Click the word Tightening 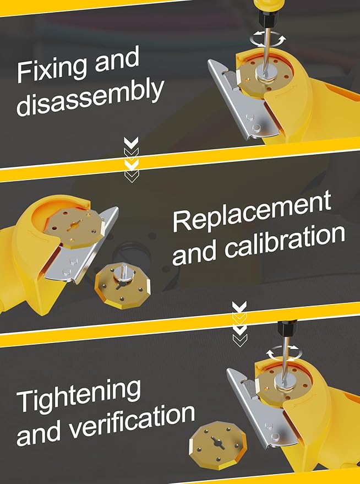pos(79,396)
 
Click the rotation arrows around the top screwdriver pos(268,40)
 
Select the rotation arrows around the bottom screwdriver pos(285,353)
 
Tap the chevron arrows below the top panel pos(132,160)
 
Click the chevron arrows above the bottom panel pos(239,324)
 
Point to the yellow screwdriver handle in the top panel pos(264,6)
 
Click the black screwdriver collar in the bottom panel pos(287,328)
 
